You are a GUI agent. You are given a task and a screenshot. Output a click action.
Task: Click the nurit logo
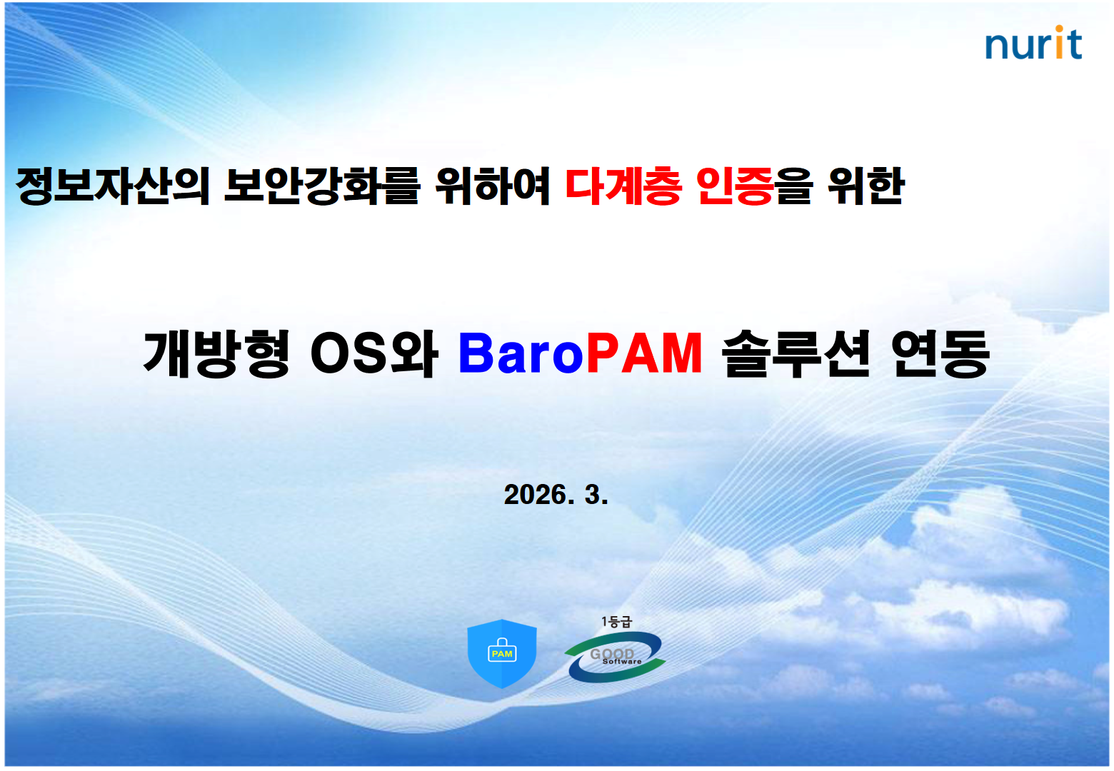1033,43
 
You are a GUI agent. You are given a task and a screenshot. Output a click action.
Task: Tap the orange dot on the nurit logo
1059,29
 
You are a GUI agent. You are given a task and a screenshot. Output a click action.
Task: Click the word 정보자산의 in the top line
113,186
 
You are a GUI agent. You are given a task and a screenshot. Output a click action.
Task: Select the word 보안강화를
322,186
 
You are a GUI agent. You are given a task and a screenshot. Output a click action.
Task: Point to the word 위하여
493,186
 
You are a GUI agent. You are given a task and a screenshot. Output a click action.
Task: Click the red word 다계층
623,186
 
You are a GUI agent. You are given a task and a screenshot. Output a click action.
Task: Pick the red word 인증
735,186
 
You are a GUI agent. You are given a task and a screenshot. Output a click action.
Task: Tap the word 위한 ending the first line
865,186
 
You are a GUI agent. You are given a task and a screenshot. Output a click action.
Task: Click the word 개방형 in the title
216,354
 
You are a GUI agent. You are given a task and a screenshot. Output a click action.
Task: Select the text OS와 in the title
374,354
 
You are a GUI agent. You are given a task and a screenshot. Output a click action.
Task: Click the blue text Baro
521,353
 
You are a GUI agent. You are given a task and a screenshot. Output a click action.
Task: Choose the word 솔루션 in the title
796,354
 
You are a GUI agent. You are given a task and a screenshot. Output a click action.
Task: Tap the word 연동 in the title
940,354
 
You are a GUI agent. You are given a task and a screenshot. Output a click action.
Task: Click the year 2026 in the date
536,495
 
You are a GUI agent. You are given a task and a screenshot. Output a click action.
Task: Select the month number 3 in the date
592,495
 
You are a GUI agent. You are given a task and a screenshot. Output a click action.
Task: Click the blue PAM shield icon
502,653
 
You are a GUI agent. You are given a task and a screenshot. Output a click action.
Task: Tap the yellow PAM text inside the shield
502,654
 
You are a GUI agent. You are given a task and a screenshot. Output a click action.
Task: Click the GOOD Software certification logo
615,656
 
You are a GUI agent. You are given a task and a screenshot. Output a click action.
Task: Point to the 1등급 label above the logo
616,622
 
